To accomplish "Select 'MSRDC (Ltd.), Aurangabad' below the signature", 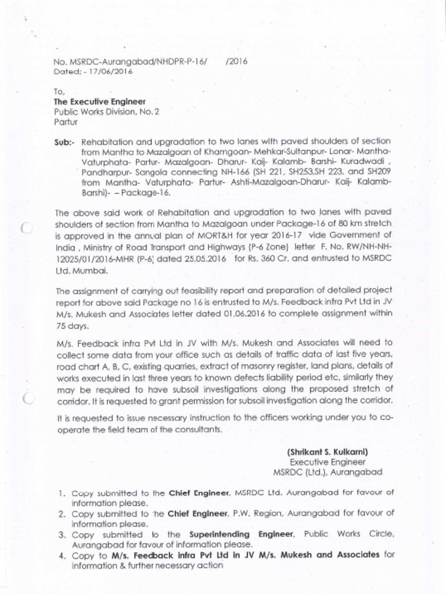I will click(328, 472).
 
